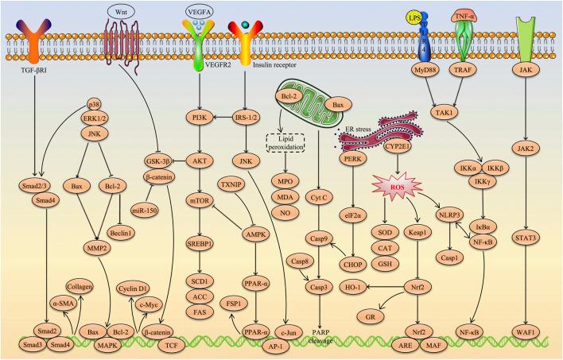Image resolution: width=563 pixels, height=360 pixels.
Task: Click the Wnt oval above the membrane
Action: click(x=121, y=12)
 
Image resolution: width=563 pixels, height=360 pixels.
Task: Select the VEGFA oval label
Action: click(x=200, y=12)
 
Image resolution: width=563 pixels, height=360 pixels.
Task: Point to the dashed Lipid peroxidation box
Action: click(x=285, y=143)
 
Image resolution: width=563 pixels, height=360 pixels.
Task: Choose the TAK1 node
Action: click(x=445, y=113)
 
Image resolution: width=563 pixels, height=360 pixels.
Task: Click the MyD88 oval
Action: click(x=425, y=70)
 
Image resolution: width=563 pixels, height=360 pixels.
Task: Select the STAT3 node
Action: click(x=526, y=238)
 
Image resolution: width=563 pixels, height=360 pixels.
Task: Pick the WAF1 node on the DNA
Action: click(x=526, y=332)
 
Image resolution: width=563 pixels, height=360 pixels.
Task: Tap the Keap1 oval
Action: click(x=417, y=233)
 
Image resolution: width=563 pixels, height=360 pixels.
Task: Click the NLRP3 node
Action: click(x=449, y=215)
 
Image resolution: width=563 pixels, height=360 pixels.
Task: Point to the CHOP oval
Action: click(x=353, y=265)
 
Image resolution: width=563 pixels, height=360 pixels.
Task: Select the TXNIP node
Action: click(x=231, y=184)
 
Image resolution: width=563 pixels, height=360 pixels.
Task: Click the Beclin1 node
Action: click(x=121, y=233)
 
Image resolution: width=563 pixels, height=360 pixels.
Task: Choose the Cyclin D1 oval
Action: click(x=134, y=288)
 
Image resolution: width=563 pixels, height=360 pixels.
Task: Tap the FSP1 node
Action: click(x=234, y=304)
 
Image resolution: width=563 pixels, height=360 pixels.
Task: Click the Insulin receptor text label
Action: click(x=274, y=65)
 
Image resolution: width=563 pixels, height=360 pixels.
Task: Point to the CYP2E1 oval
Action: click(x=397, y=146)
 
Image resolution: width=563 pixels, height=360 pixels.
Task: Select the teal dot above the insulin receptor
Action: click(x=245, y=25)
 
